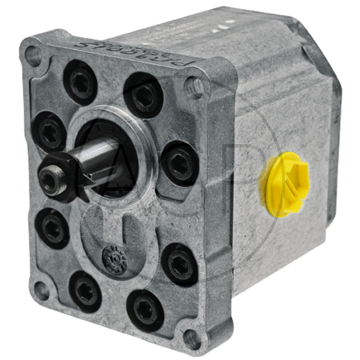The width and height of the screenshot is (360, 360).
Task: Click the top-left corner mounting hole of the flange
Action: click(x=33, y=55)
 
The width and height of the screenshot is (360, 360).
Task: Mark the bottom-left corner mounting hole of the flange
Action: click(x=42, y=291)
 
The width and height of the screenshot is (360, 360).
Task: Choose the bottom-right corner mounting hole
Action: click(x=192, y=338)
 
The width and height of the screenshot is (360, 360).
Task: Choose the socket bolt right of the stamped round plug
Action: click(x=180, y=264)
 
